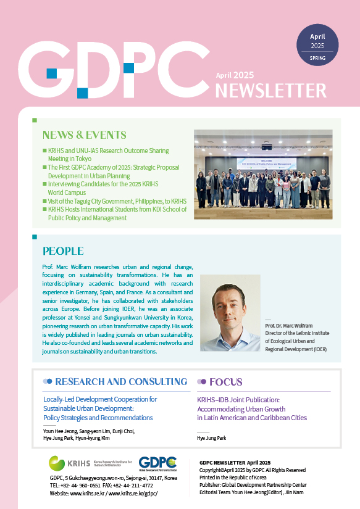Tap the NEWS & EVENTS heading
coord(84,135)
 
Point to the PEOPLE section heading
coord(63,251)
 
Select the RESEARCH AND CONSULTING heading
coord(121,382)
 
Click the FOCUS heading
coord(225,382)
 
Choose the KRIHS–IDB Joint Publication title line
coord(247,400)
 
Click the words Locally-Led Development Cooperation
coord(100,399)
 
